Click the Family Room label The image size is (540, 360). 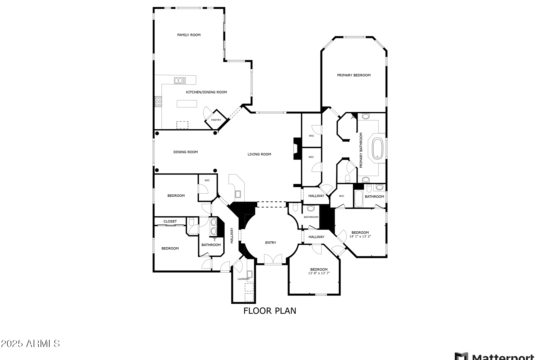[189, 35]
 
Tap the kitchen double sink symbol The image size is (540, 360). [180, 80]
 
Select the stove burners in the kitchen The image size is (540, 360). [158, 102]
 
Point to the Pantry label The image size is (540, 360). [216, 120]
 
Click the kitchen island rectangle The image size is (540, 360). [187, 104]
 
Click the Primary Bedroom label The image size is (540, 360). [354, 75]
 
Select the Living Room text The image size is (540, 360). [259, 154]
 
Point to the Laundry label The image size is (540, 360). [244, 279]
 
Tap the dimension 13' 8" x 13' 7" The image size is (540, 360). [319, 273]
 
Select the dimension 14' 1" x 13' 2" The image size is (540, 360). [360, 236]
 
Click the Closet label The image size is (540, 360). [170, 221]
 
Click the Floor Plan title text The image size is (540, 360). [270, 311]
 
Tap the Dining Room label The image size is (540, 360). [185, 152]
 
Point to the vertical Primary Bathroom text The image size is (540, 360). [361, 150]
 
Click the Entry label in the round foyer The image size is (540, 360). [271, 243]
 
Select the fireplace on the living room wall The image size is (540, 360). [297, 149]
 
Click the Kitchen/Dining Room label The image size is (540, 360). [206, 92]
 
